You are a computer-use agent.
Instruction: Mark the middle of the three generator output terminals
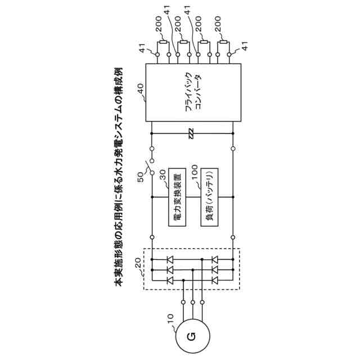pos(193,302)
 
